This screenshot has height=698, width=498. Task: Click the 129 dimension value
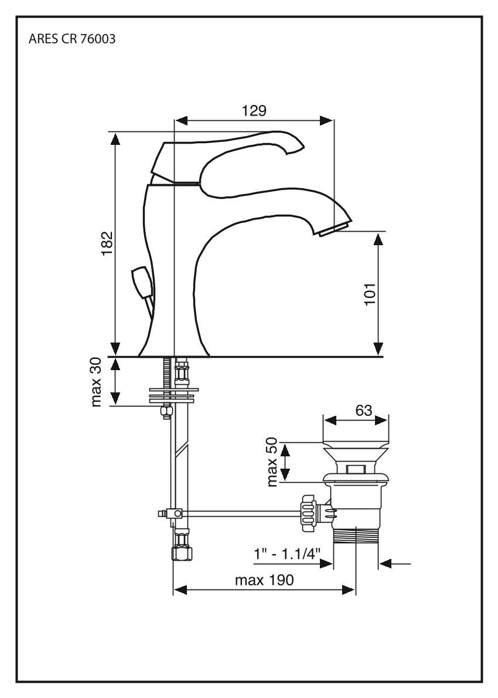[254, 110]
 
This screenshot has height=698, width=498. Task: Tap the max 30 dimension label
[97, 381]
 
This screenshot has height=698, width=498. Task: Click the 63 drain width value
[364, 410]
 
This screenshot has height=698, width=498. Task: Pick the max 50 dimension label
[272, 462]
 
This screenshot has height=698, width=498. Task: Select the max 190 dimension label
[264, 580]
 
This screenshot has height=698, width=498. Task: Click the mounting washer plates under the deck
[174, 394]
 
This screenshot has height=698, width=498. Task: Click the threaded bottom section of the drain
[356, 537]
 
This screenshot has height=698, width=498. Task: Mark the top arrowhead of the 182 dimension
[116, 138]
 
